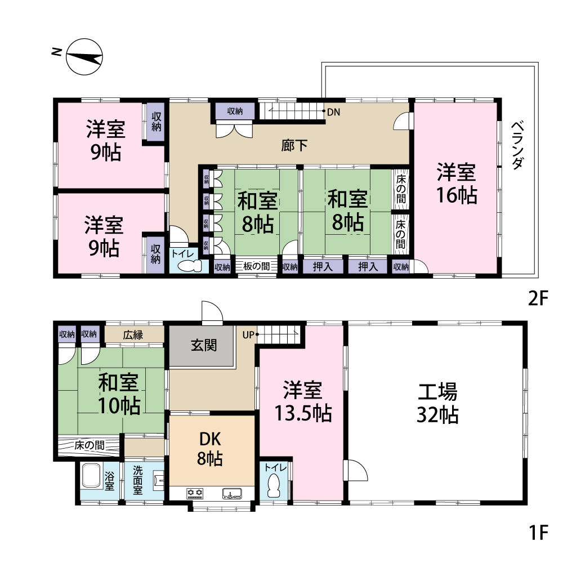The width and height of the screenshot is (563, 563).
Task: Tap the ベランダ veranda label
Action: click(517, 145)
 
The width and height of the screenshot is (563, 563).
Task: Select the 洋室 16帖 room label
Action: click(457, 184)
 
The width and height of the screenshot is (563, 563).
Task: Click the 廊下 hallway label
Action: click(294, 145)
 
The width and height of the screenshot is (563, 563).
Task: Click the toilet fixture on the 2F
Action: click(190, 266)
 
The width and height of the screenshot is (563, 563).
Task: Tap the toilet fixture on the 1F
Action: click(274, 485)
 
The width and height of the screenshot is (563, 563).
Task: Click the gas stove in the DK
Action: click(195, 494)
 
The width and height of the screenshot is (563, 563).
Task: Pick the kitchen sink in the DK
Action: click(232, 494)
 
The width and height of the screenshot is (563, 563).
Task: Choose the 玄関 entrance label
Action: click(204, 346)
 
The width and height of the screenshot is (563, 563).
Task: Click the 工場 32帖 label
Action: click(437, 403)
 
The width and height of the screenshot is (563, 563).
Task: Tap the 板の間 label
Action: click(256, 266)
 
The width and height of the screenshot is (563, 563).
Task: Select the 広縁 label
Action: click(133, 335)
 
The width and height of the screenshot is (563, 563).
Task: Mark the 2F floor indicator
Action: click(538, 298)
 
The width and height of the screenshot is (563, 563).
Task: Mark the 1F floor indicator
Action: click(539, 532)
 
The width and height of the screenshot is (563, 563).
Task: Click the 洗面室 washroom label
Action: click(138, 480)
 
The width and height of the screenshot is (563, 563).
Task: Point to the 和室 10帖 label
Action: click(118, 394)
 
